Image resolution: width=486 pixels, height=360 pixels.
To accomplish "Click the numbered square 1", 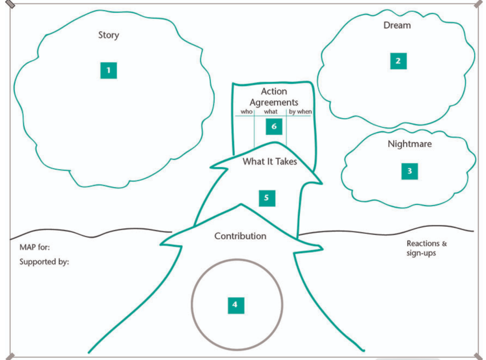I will coord(108,70).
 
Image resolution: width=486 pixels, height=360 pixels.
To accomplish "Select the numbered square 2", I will coord(398,61).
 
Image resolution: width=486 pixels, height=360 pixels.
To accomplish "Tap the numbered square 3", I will coord(410,171).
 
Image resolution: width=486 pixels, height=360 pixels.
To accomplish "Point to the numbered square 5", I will coord(267,197).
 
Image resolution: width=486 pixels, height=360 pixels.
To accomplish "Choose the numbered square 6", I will coord(274,127).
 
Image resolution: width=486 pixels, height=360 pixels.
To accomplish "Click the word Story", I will coord(108,35).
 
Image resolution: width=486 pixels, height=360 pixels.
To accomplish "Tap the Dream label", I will coord(397,25).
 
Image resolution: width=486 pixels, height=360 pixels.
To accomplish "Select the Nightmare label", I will coord(410,144).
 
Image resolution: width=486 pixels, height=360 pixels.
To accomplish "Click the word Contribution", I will coord(240,236).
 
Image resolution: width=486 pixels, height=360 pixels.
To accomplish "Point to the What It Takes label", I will coord(269,162).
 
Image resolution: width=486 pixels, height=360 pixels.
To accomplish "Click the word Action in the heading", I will coord(274,91).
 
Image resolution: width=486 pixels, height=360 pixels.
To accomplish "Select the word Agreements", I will coord(274,102).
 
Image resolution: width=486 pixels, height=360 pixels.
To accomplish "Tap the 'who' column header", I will coord(247,112).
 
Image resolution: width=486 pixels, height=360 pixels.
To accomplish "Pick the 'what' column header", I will coord(270,112).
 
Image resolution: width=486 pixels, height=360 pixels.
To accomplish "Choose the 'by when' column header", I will coord(300,112).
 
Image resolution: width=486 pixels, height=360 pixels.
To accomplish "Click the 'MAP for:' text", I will coord(34,247).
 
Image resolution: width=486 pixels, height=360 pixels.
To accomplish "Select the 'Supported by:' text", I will coord(44,262).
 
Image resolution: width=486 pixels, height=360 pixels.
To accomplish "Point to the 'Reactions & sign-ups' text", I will coord(427,248).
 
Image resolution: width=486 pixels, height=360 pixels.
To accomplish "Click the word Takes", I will coord(286,162).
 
